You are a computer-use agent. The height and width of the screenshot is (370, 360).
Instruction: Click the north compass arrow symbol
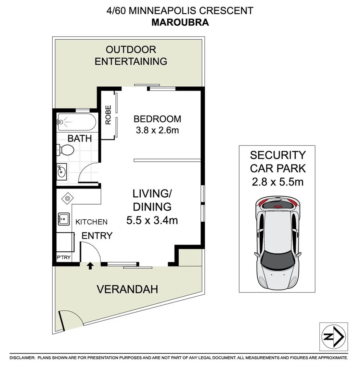point(333,336)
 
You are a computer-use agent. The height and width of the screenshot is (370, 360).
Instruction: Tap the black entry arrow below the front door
point(90,266)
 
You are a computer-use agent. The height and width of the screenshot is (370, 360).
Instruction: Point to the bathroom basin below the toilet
point(62,172)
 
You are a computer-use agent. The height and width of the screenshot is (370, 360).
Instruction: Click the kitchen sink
point(64,219)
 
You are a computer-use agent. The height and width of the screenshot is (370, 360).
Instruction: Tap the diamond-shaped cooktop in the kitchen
point(67,198)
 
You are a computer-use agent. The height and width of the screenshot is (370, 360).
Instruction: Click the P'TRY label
point(64,257)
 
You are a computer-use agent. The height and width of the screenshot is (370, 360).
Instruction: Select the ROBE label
point(108,115)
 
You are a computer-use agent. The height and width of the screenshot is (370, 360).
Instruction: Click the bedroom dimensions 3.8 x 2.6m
point(157,130)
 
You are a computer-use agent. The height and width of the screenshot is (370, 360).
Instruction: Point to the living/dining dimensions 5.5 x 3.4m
point(152,220)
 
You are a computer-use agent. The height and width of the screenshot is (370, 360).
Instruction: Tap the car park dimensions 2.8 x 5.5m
point(278,182)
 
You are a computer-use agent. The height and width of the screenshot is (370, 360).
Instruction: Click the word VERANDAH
point(127,289)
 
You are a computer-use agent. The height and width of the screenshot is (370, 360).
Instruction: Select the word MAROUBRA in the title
point(180,22)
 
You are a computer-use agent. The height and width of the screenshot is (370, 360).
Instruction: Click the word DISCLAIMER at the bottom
point(22,358)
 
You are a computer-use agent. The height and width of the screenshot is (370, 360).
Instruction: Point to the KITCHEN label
point(91,222)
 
